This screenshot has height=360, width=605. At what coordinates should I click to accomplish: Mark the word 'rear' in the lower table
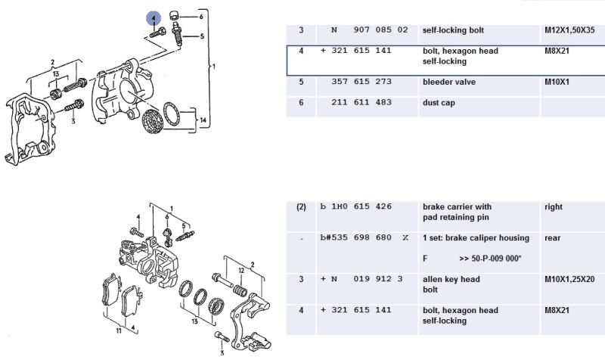[x=553, y=237]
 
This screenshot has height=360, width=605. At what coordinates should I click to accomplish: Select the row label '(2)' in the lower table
[x=300, y=206]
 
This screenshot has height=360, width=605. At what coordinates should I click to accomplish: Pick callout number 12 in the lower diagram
[x=241, y=270]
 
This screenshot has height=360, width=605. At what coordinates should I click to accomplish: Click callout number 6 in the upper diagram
[x=201, y=16]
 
